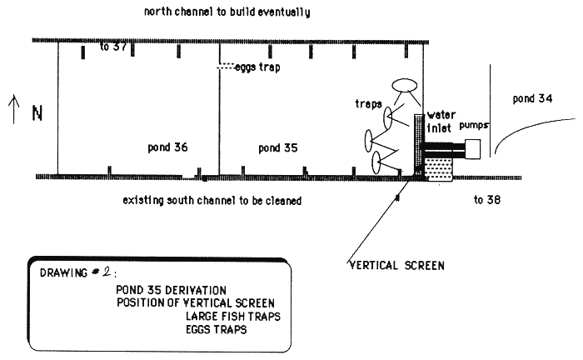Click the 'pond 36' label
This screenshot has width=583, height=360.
pyautogui.click(x=167, y=147)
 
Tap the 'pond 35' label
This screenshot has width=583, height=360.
pyautogui.click(x=279, y=148)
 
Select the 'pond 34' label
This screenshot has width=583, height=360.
pyautogui.click(x=533, y=98)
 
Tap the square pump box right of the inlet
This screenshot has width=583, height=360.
pyautogui.click(x=474, y=149)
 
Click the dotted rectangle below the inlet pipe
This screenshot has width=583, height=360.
pyautogui.click(x=439, y=169)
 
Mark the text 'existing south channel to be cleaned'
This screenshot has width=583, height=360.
pyautogui.click(x=212, y=201)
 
